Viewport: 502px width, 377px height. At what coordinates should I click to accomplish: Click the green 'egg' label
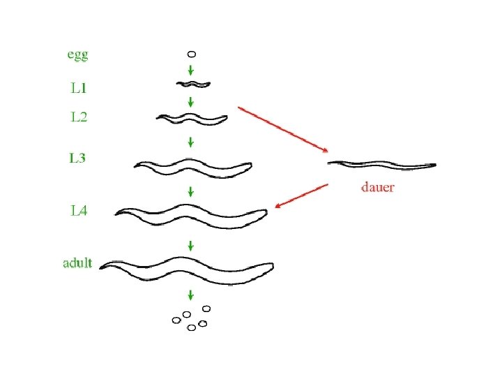click(x=78, y=53)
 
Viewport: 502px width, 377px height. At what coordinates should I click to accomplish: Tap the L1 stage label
click(x=78, y=89)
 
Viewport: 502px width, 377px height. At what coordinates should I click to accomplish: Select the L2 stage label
click(x=79, y=117)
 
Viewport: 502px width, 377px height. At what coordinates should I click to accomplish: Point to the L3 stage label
click(x=77, y=158)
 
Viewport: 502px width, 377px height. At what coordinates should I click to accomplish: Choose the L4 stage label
click(x=79, y=210)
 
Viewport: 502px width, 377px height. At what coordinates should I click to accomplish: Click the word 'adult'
click(x=77, y=263)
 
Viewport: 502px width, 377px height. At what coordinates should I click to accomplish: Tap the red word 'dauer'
click(x=377, y=187)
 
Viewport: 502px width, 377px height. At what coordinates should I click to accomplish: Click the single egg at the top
click(x=192, y=53)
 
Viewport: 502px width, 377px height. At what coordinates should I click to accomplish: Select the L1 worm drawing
click(x=192, y=84)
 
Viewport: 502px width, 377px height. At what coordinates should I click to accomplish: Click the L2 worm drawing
click(x=192, y=119)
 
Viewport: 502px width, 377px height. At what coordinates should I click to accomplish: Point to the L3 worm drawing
click(x=193, y=167)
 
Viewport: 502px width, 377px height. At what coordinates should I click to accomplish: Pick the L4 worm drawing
click(x=192, y=214)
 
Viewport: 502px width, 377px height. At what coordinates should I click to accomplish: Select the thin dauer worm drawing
click(x=381, y=165)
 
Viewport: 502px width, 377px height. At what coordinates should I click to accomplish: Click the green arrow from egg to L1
click(x=192, y=70)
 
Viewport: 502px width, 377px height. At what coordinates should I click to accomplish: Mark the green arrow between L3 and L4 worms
click(x=191, y=191)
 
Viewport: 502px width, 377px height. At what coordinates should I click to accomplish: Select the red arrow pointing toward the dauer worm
click(x=283, y=129)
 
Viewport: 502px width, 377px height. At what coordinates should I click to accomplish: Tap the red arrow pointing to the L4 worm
click(x=301, y=195)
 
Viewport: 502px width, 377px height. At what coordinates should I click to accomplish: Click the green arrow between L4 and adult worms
click(x=191, y=245)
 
